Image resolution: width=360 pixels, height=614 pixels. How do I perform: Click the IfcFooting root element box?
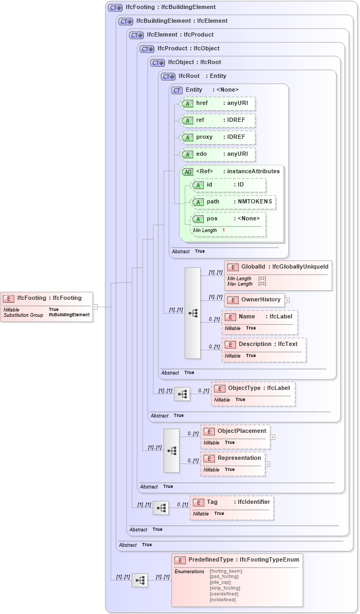coord(47,306)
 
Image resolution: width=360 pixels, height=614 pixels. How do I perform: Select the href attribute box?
coord(218,103)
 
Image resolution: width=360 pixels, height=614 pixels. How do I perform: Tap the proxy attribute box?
coord(218,137)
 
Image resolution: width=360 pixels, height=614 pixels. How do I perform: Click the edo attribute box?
coord(218,154)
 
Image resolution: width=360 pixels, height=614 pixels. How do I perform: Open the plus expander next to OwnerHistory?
coord(287,300)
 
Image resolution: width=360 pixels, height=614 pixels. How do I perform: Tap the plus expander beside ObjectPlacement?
coord(273,437)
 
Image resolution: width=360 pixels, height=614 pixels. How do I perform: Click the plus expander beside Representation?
coord(267,464)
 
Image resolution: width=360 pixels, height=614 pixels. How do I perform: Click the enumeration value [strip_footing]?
coord(225,588)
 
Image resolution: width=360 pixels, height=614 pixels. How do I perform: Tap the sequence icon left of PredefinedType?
coord(139,580)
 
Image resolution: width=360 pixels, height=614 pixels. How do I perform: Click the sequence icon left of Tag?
coord(161,508)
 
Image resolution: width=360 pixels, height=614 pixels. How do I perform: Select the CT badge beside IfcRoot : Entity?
coord(168,76)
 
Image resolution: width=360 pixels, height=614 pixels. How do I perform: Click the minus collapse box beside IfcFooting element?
coord(95,306)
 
